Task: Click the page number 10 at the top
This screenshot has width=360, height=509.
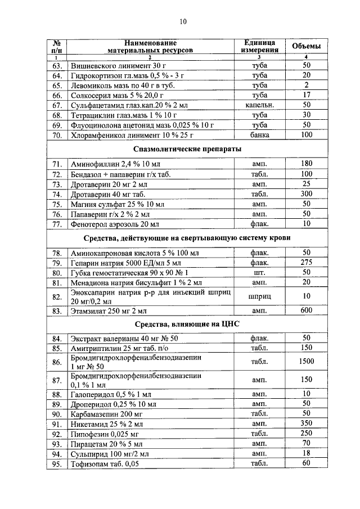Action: pos(183,22)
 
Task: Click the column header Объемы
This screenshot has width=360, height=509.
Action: pos(307,46)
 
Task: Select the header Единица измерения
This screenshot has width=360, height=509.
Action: pos(260,46)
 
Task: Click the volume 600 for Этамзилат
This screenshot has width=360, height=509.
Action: pos(307,310)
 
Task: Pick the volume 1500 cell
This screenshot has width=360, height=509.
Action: pos(307,362)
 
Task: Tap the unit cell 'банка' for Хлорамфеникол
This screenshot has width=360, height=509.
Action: pos(260,135)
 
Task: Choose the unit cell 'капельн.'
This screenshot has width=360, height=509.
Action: pos(260,105)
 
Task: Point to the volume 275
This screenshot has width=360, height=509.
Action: pos(307,262)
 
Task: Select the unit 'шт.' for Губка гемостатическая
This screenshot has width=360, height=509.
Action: pos(260,272)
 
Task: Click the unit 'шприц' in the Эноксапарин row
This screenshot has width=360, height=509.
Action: pos(260,296)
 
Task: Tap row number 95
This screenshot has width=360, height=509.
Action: pos(56,464)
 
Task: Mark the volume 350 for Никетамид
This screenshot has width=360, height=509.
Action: pos(307,424)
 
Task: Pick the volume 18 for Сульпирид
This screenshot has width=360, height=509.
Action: pos(307,453)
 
